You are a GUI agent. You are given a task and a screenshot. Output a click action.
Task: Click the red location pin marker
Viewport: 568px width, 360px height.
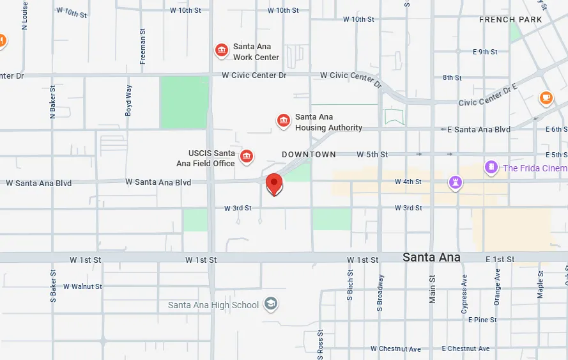(x=274, y=184)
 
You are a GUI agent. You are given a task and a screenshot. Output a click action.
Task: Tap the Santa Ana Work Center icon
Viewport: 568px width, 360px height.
(x=222, y=50)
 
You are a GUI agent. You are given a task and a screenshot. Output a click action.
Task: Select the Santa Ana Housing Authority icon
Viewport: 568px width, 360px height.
(x=284, y=120)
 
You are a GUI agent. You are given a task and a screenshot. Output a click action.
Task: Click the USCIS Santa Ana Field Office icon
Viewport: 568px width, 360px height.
(x=246, y=156)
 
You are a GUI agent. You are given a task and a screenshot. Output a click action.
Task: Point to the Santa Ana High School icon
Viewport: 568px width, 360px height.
(x=271, y=304)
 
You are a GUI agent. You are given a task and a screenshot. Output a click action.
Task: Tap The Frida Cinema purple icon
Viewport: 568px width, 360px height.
(x=491, y=168)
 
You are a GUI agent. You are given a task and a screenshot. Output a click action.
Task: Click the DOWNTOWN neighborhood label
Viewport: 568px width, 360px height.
(x=309, y=155)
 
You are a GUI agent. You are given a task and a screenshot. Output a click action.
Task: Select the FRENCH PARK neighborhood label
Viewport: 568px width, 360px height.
(x=510, y=20)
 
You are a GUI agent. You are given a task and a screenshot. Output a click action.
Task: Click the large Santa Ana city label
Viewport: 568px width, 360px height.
(x=431, y=258)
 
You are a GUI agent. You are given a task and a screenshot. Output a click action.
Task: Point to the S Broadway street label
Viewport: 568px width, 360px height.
(x=381, y=293)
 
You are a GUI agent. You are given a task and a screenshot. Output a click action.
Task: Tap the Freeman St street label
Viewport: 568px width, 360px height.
(x=142, y=46)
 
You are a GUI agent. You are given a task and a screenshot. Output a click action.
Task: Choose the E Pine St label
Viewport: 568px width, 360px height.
(x=482, y=320)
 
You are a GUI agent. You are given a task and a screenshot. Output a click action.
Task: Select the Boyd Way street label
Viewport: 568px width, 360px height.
(x=129, y=100)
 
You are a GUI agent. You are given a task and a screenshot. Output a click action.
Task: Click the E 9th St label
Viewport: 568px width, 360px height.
(x=485, y=52)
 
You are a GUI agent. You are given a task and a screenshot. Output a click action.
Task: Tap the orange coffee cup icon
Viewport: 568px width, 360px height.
(x=545, y=97)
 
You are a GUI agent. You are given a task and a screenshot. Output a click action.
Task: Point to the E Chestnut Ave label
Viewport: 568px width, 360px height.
(x=466, y=348)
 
